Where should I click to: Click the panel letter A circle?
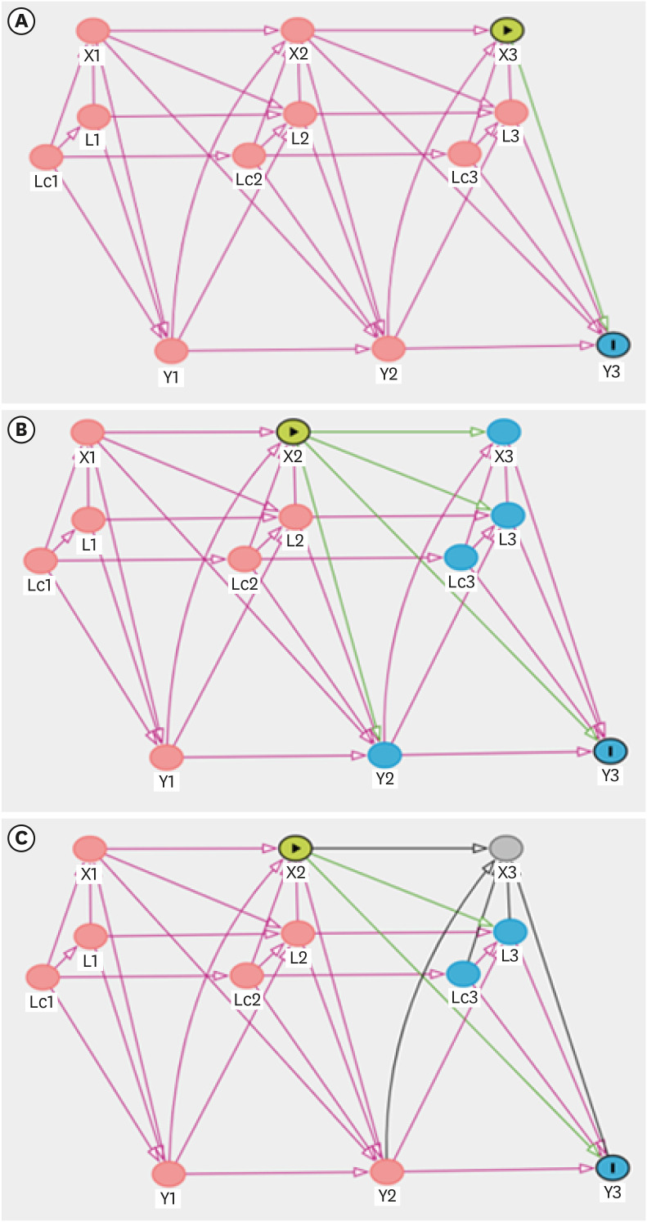[20, 22]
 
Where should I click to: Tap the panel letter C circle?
[20, 839]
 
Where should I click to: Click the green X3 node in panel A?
[507, 30]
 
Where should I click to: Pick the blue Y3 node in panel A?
[613, 344]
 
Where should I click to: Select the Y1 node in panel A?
[172, 350]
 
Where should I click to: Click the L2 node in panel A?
[300, 113]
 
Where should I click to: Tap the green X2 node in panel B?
[293, 430]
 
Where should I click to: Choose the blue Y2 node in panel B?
[385, 753]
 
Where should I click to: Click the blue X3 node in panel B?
[505, 430]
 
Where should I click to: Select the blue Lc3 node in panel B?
[461, 557]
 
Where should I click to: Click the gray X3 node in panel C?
[507, 846]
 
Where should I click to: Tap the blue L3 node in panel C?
[509, 931]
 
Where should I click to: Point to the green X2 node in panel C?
[296, 847]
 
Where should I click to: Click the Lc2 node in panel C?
[245, 973]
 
